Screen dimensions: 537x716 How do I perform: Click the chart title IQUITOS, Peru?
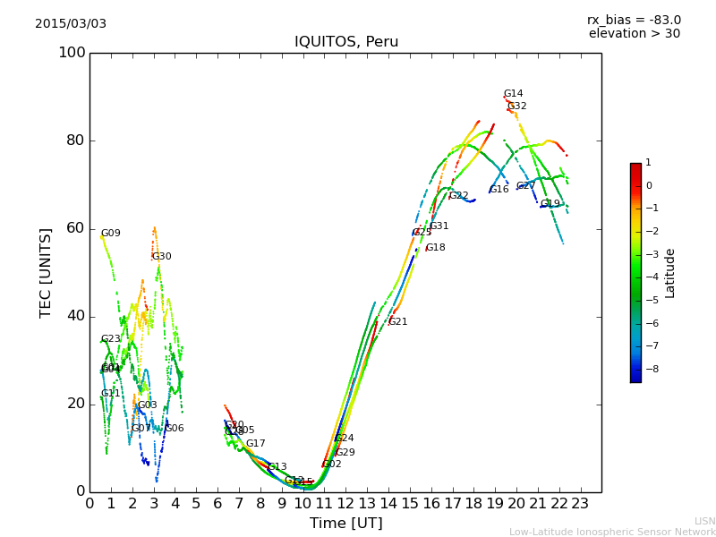click(346, 42)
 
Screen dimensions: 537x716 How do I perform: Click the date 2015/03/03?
click(71, 23)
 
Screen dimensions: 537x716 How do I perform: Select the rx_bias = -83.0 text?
click(634, 20)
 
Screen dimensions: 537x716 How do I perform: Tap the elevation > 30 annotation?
click(634, 34)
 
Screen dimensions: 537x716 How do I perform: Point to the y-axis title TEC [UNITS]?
click(46, 272)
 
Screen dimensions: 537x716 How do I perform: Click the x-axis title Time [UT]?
click(346, 523)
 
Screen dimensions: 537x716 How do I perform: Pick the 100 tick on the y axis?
click(72, 53)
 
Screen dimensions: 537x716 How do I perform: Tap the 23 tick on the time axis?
click(580, 504)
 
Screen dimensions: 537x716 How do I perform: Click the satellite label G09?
click(110, 234)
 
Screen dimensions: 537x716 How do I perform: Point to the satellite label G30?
click(161, 257)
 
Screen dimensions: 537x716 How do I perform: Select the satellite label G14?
click(513, 94)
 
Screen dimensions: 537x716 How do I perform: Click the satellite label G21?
click(397, 322)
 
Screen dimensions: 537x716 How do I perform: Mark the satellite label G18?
click(435, 248)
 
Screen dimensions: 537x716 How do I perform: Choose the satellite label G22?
click(458, 196)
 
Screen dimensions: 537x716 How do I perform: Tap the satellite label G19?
click(550, 204)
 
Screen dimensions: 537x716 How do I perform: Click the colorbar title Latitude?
click(670, 273)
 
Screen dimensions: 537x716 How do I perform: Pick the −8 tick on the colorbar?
click(649, 368)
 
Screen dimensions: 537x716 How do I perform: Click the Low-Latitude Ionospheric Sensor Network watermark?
click(612, 532)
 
